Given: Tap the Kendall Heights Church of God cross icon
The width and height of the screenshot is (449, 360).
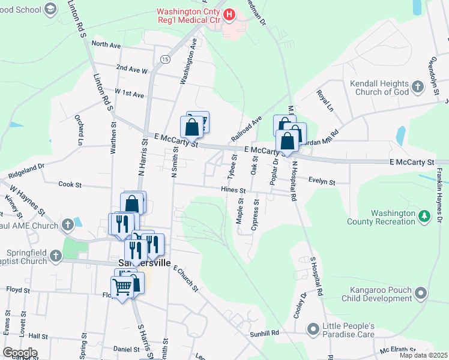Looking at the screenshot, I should coord(418,88).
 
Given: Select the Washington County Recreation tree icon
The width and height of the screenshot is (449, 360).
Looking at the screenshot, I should coord(425,216).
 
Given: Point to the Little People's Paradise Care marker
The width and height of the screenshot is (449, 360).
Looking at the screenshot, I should coord(313,329).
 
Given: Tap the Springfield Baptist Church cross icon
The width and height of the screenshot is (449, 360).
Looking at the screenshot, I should coord(56,257).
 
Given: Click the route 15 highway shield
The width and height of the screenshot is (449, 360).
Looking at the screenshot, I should coord(164,58).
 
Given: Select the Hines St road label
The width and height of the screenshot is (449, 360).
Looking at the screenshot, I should coord(234,190).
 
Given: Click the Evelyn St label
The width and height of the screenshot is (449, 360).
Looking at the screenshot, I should coord(321,181).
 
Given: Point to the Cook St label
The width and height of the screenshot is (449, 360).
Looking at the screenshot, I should coord(70,185).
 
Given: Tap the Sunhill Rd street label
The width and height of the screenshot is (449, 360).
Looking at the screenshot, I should coord(266,332).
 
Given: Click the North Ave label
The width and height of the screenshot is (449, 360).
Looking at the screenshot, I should coord(106,45).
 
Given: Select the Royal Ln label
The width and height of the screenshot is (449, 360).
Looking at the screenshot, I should coord(325,101).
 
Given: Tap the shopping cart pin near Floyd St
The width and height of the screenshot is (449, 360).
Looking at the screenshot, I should coord(122,287).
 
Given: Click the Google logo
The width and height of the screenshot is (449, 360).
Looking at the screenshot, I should coord(19,353).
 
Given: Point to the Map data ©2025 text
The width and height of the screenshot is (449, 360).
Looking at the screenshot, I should coord(423,355).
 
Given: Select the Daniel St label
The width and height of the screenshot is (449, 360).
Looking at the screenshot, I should coord(126,349).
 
